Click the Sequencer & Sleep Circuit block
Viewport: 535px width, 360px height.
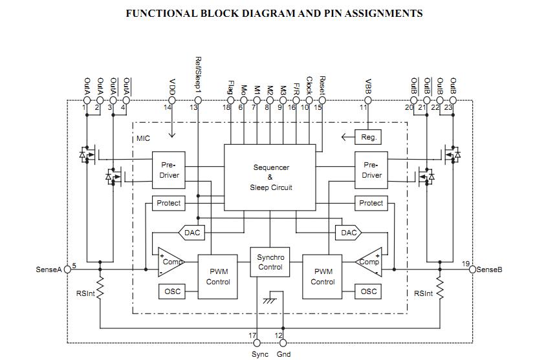(270, 177)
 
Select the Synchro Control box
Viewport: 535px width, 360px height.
(270, 262)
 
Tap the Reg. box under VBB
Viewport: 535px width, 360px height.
(368, 137)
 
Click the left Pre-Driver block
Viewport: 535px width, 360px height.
(169, 170)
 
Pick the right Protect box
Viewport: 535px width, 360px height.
(371, 203)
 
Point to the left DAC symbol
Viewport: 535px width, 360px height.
(191, 233)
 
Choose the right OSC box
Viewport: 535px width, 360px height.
(368, 291)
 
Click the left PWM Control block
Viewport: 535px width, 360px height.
(217, 277)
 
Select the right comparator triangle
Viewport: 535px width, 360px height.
(369, 262)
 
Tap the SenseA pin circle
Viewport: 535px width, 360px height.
(67, 270)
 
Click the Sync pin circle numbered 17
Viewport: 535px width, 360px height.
(257, 343)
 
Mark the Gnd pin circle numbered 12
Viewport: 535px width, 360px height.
(283, 343)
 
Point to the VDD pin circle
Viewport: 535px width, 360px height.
(172, 100)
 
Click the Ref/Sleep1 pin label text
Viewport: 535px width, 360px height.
(198, 75)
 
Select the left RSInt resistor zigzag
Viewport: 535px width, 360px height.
(100, 289)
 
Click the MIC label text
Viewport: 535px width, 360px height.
(143, 138)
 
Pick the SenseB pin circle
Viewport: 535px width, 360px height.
(472, 270)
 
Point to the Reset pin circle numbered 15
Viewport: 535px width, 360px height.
(322, 100)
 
